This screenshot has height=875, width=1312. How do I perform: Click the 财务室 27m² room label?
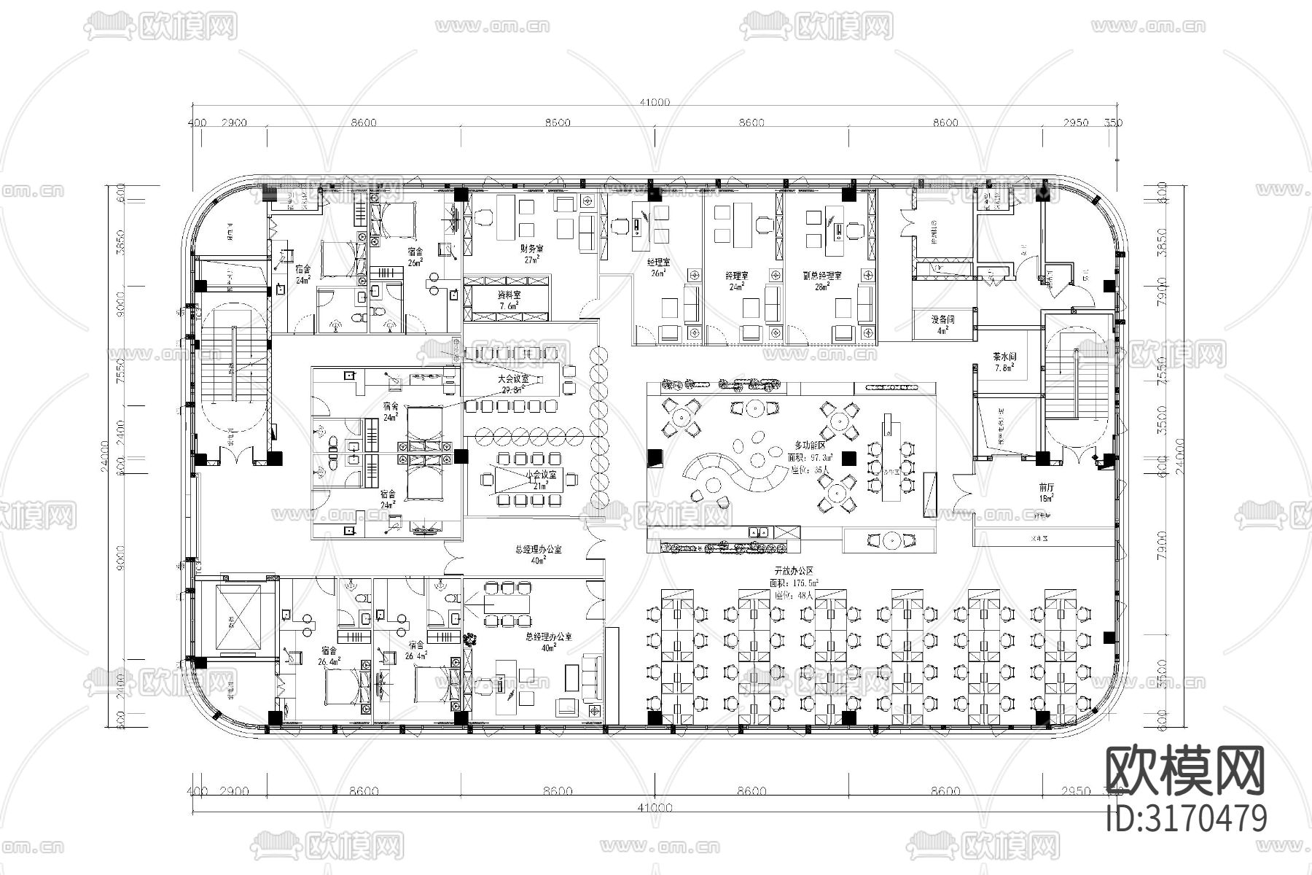pos(531,253)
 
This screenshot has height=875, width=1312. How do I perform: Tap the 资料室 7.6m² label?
pos(509,300)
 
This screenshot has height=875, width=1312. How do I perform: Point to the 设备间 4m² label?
pos(942,324)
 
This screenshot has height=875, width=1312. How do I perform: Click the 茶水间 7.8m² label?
pos(1004,362)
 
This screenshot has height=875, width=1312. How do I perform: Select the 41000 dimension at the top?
pos(654,103)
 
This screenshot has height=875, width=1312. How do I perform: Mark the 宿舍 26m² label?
pos(415,257)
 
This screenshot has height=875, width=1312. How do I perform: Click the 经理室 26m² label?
pos(658,267)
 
